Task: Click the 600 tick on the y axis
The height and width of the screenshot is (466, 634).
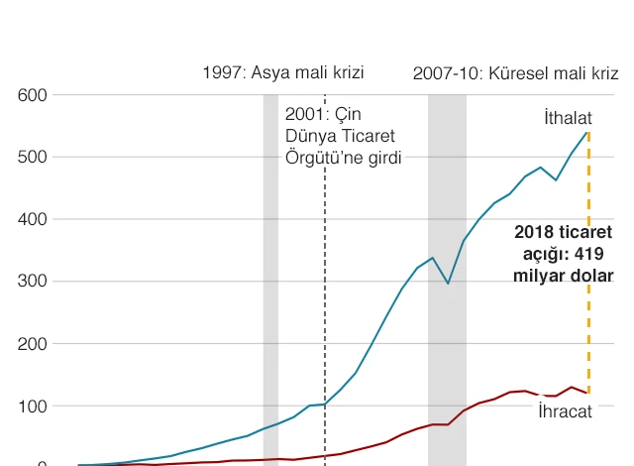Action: coord(33,95)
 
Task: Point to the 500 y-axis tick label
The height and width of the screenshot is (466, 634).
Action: coord(33,158)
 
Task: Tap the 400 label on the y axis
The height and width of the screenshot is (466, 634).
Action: coord(33,219)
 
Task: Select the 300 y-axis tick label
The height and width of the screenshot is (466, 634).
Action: coord(33,282)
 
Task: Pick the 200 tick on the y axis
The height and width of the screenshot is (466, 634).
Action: coord(33,344)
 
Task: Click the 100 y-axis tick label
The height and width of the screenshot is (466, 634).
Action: coord(33,407)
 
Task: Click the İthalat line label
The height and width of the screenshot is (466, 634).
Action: coord(568,118)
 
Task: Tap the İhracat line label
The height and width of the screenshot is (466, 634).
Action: coord(565,410)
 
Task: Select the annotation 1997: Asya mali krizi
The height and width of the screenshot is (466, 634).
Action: coord(283,72)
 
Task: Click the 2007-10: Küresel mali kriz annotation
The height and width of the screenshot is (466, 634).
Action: coord(515,72)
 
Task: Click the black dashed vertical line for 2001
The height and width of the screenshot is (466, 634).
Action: coord(324,297)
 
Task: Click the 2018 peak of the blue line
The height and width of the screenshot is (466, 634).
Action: coord(588,132)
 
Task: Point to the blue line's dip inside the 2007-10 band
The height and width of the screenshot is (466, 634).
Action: coord(448,284)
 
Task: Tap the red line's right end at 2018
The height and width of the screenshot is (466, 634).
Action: coord(588,394)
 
